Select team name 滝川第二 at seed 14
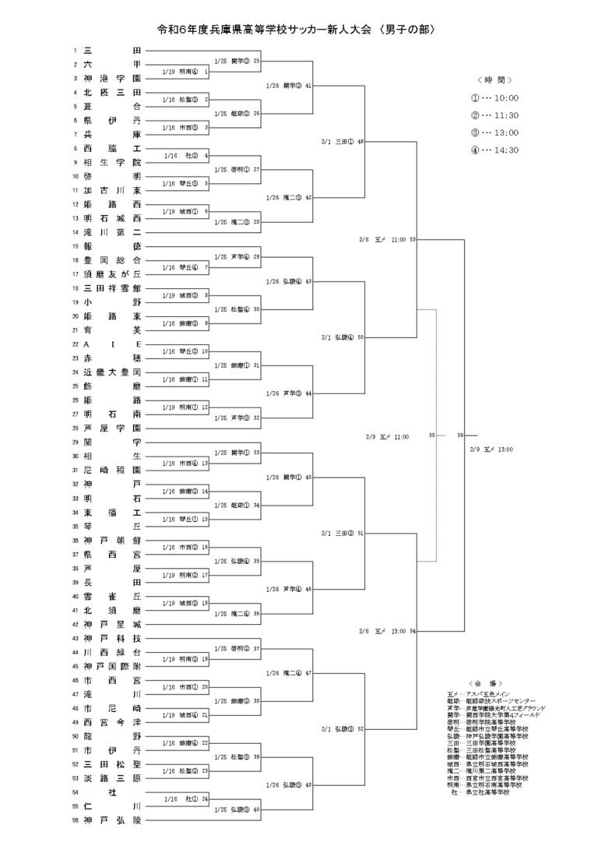coord(112,232)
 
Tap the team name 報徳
coord(112,246)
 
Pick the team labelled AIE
coord(112,344)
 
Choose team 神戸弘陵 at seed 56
coord(112,821)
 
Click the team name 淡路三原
coord(112,779)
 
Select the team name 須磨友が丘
coord(112,274)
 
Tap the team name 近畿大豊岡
coord(112,372)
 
